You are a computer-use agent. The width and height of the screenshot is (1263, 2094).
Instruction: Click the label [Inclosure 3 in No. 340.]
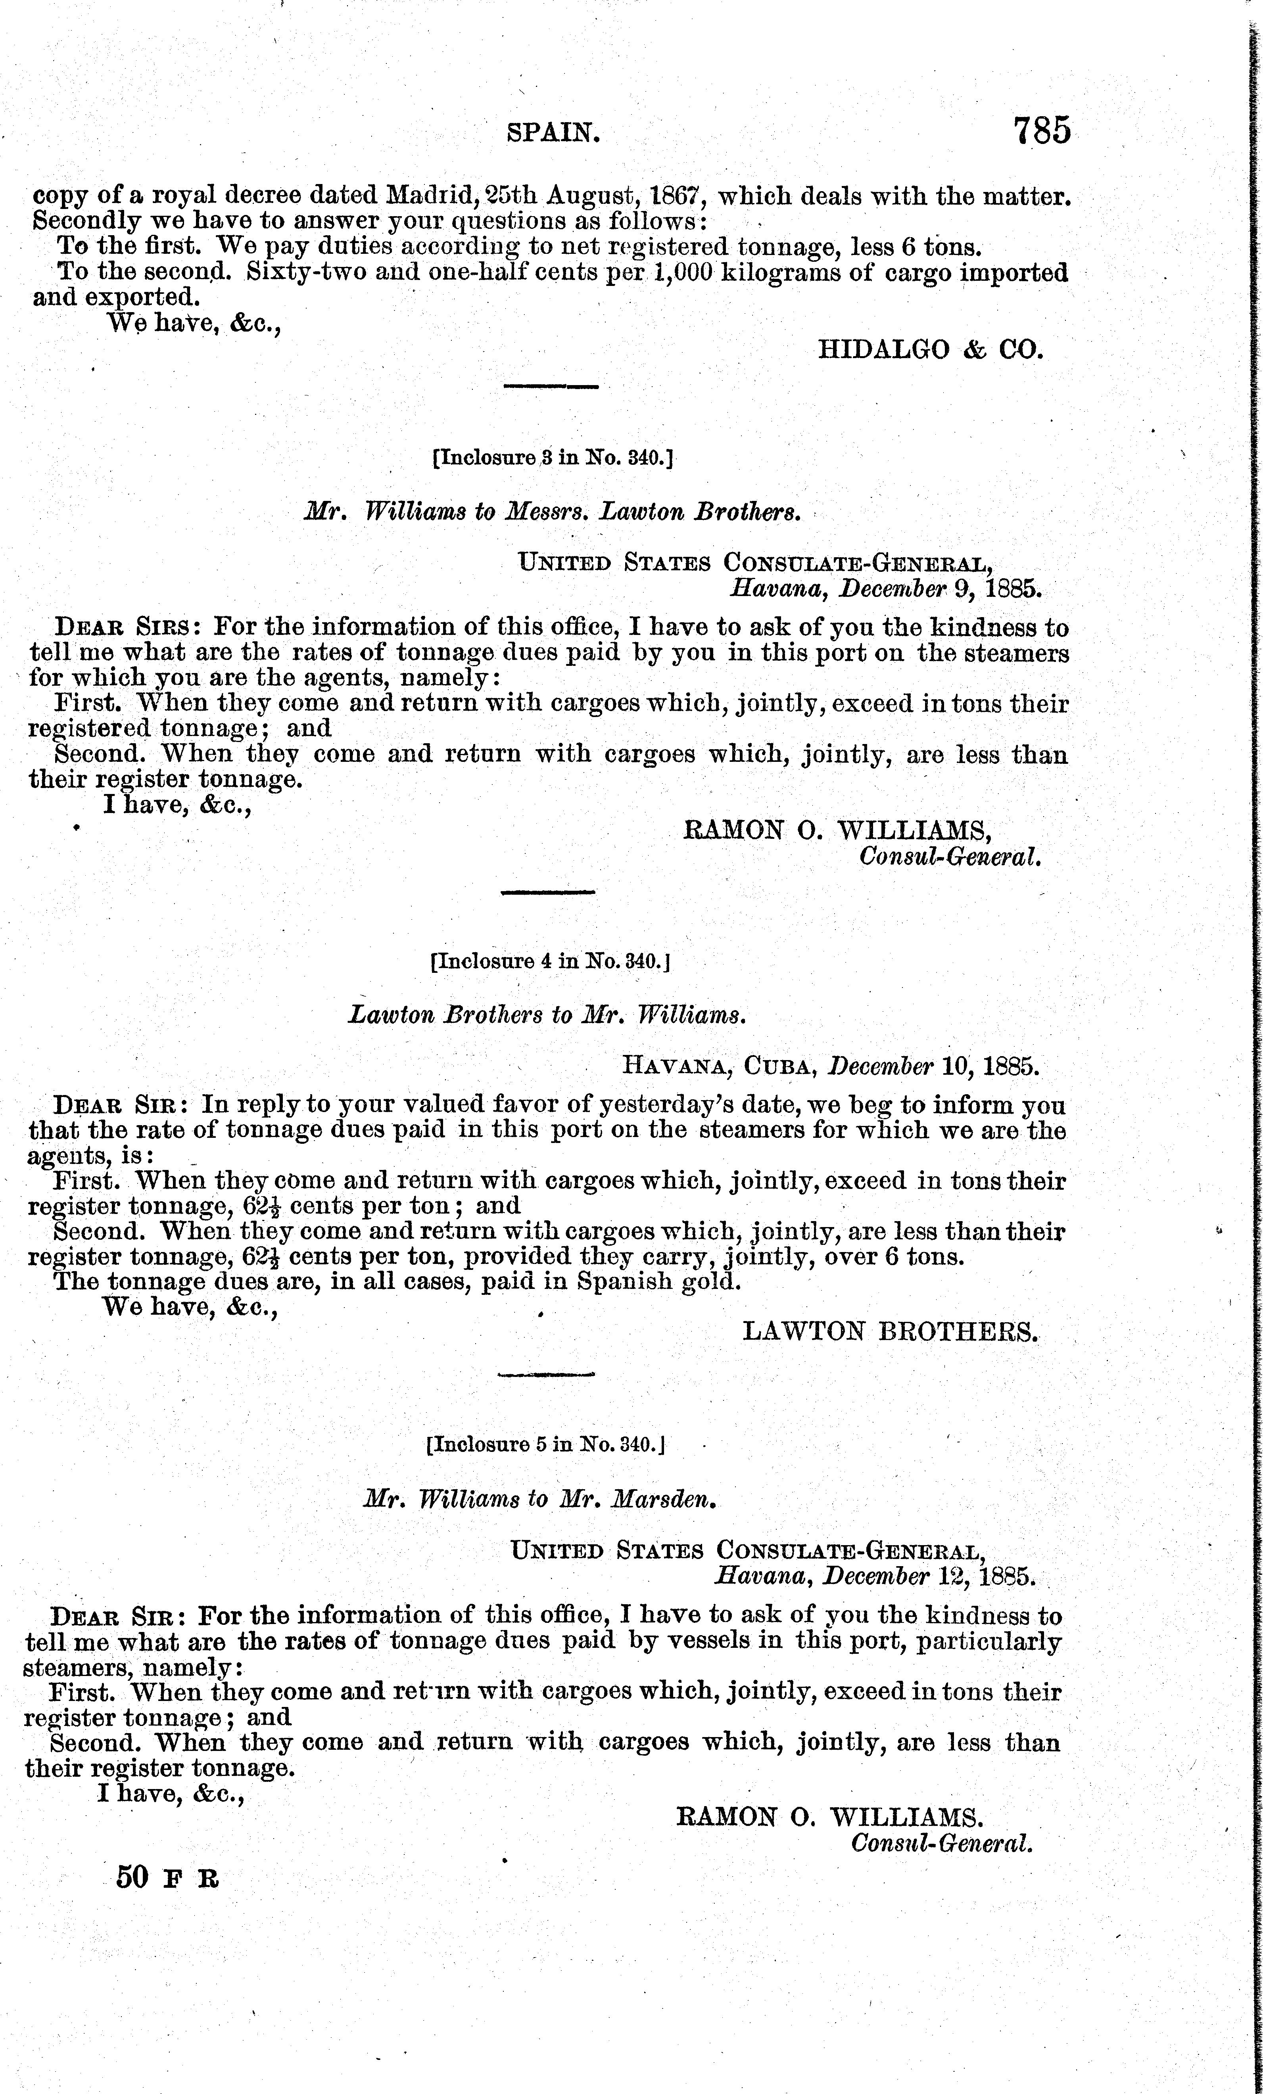553,458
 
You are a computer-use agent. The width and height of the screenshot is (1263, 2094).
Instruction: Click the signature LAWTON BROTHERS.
890,1331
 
